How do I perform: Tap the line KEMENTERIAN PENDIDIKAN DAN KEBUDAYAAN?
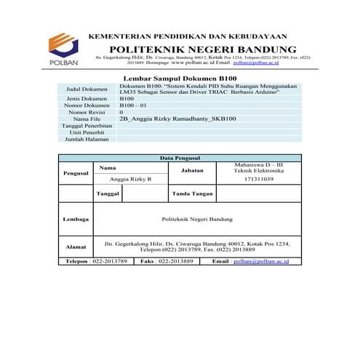188,35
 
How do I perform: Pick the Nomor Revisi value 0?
121,113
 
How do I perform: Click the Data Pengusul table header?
180,158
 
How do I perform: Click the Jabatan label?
186,170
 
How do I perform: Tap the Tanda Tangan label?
191,194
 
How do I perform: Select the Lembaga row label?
76,218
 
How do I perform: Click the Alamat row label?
76,247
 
